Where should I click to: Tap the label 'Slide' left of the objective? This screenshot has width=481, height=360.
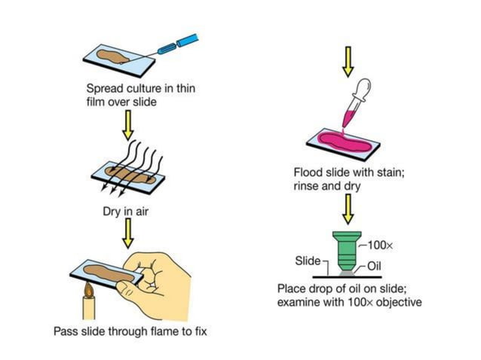point(307,261)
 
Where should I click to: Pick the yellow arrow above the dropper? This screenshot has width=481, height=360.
point(347,60)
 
